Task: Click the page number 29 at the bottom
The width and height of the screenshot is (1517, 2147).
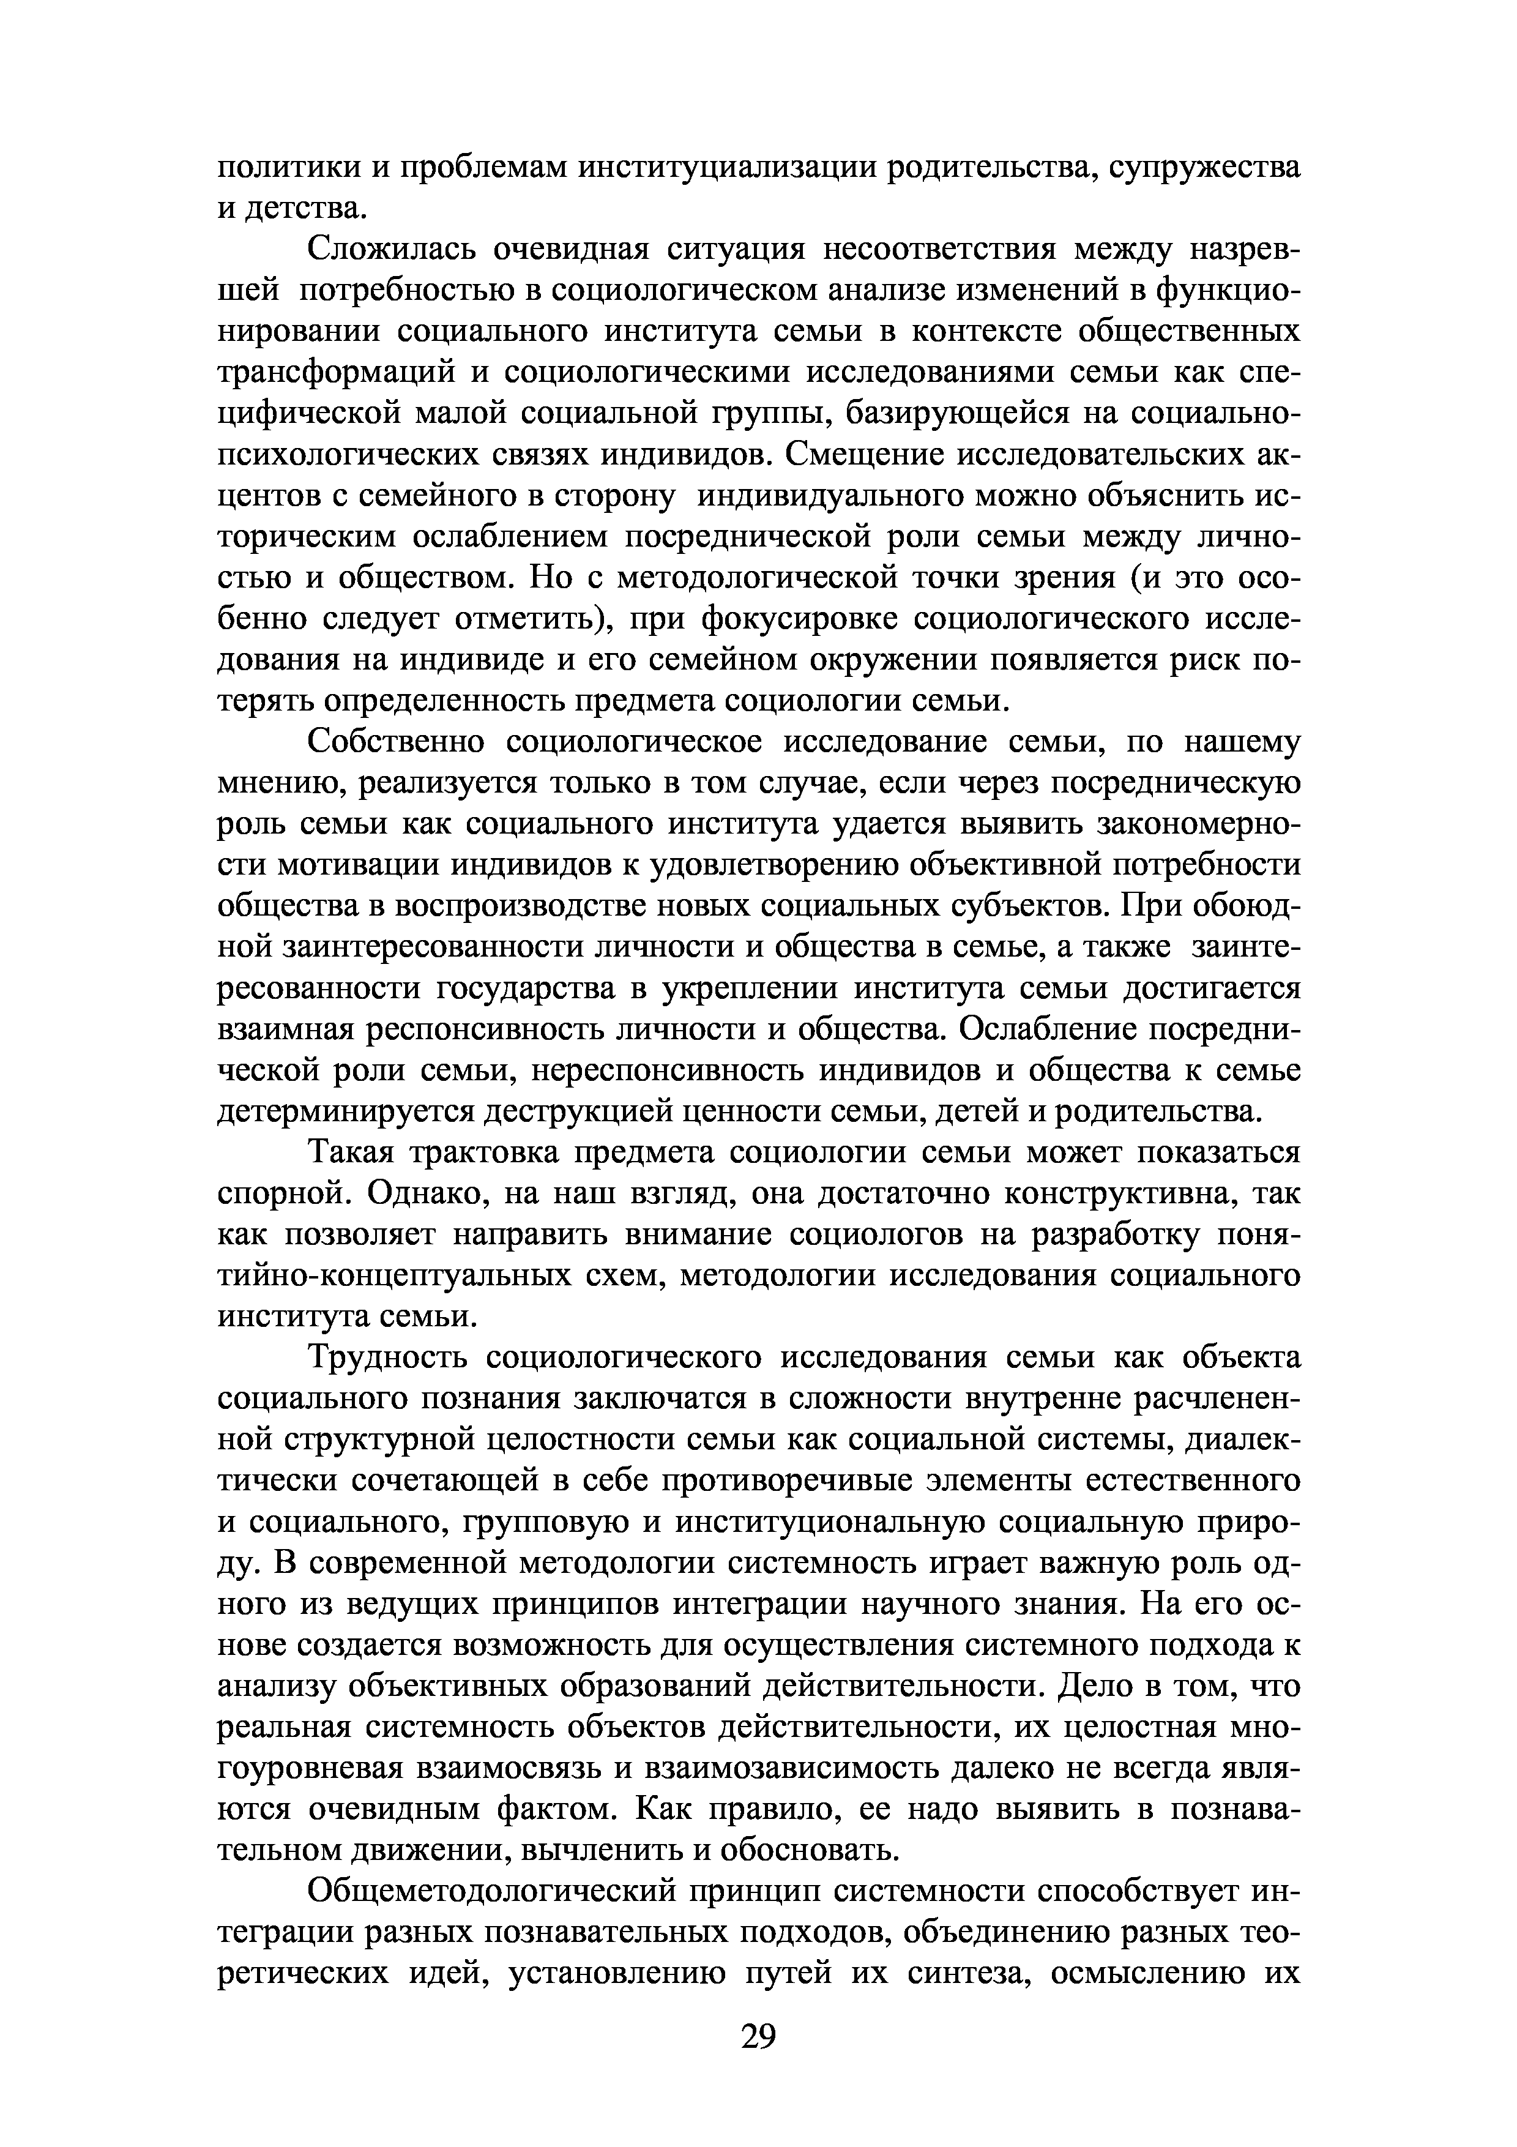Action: [758, 2035]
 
